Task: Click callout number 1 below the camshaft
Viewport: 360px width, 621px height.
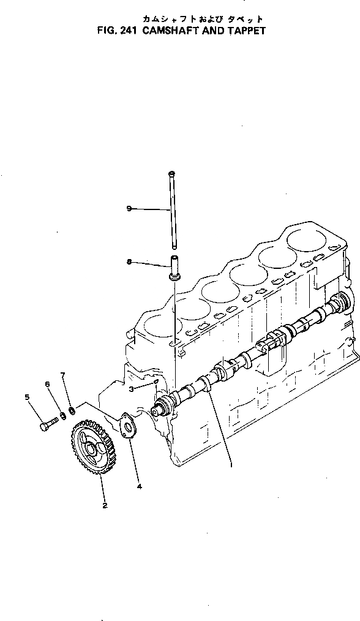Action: tap(231, 465)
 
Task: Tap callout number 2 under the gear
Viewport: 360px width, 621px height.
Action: tap(105, 505)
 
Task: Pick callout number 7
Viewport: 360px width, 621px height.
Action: tap(62, 374)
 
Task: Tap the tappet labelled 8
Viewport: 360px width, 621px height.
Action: tap(174, 269)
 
